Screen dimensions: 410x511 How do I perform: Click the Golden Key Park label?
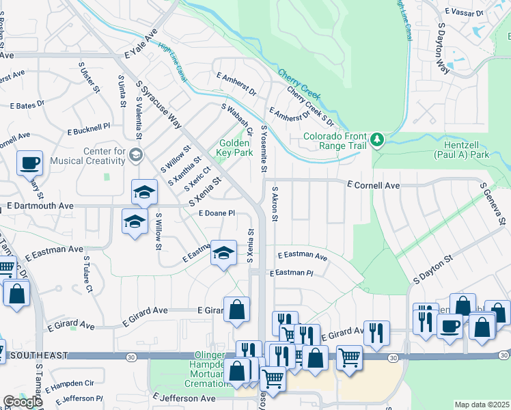click(x=234, y=148)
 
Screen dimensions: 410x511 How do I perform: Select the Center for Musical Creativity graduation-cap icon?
click(x=135, y=155)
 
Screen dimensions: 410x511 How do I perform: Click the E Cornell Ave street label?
click(x=373, y=185)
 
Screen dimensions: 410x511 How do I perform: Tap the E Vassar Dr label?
click(x=465, y=12)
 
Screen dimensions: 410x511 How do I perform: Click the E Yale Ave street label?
click(x=141, y=44)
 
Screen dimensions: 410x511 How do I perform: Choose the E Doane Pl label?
click(x=217, y=213)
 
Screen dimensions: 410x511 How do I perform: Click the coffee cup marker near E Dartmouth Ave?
click(x=30, y=163)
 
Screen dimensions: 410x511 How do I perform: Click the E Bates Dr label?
click(x=27, y=105)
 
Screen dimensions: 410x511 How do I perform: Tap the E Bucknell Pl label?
click(x=88, y=128)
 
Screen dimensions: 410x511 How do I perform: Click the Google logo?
click(x=23, y=401)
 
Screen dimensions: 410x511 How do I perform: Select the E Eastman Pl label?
click(x=291, y=273)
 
